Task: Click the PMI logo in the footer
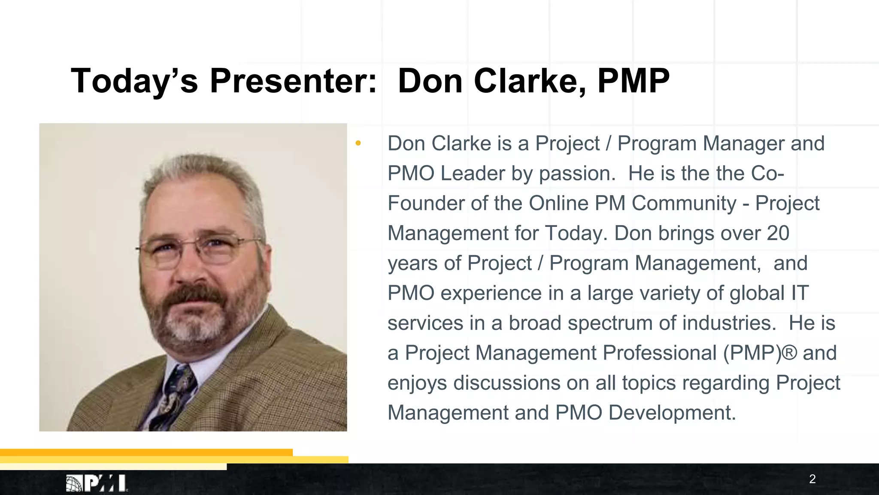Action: point(97,483)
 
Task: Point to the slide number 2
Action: point(812,479)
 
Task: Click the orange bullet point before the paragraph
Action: point(358,143)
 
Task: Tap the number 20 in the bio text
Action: point(778,233)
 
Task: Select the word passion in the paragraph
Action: point(574,174)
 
